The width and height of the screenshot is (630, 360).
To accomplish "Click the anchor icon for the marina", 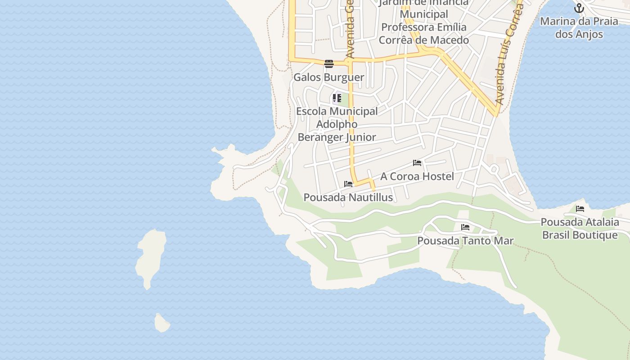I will pos(579,8).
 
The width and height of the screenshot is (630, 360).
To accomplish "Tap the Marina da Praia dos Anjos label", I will pos(579,27).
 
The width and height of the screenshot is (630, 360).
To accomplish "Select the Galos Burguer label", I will pos(328,77).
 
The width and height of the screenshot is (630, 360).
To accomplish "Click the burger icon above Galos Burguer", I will pos(328,63).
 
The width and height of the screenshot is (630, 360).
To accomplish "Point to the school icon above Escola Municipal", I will pos(337,98).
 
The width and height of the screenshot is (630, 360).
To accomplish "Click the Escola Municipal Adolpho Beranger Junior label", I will pos(337,124).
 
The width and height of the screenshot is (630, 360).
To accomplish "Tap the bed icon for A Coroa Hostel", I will pos(417,163).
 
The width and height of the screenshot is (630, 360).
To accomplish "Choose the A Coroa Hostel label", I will pos(417,176).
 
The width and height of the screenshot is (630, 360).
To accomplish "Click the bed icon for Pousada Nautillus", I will pos(348,184).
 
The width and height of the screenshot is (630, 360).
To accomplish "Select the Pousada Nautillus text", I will pos(348,197).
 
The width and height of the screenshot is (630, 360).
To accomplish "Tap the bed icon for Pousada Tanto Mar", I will pos(465,227).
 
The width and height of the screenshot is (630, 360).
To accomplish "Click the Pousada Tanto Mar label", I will pos(465,240).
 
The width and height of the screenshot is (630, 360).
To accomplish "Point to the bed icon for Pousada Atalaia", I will pos(580,209).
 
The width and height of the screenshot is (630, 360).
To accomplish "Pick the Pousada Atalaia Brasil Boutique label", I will pos(580,228).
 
